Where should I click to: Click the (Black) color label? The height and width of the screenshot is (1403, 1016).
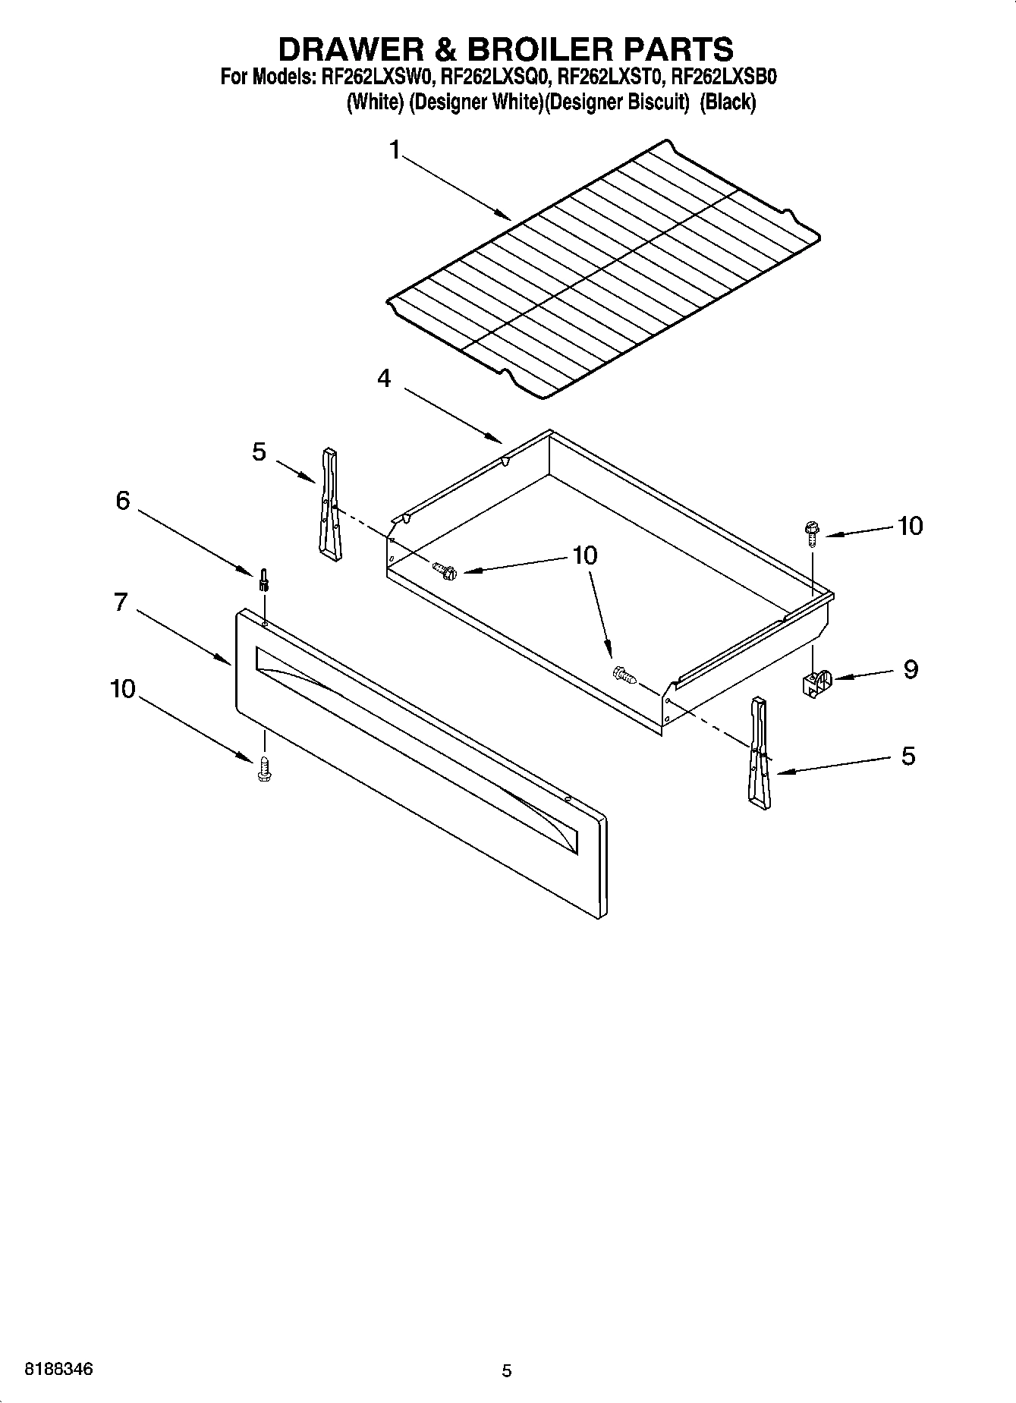tap(728, 102)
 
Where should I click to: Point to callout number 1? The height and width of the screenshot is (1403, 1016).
tap(395, 150)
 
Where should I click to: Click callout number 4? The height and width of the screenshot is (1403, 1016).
tap(385, 377)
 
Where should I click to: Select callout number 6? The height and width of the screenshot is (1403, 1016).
tap(123, 501)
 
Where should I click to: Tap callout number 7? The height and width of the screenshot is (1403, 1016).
tap(120, 602)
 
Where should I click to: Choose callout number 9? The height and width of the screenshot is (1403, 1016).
tap(910, 668)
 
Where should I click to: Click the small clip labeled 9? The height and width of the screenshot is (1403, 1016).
tap(816, 681)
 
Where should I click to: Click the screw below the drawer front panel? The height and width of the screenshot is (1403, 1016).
tap(265, 768)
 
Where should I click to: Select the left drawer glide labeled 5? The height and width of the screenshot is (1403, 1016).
tap(329, 504)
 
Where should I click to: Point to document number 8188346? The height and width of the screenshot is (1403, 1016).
tap(59, 1370)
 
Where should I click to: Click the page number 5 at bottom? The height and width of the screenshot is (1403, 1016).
tap(507, 1370)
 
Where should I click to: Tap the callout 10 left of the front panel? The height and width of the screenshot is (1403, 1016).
tap(123, 689)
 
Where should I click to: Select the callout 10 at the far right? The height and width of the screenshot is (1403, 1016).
tap(910, 526)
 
